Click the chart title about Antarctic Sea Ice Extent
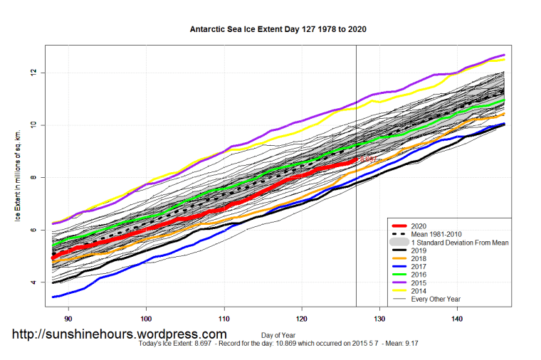pos(278,31)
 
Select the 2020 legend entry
pos(419,225)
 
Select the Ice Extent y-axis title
pos(16,175)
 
